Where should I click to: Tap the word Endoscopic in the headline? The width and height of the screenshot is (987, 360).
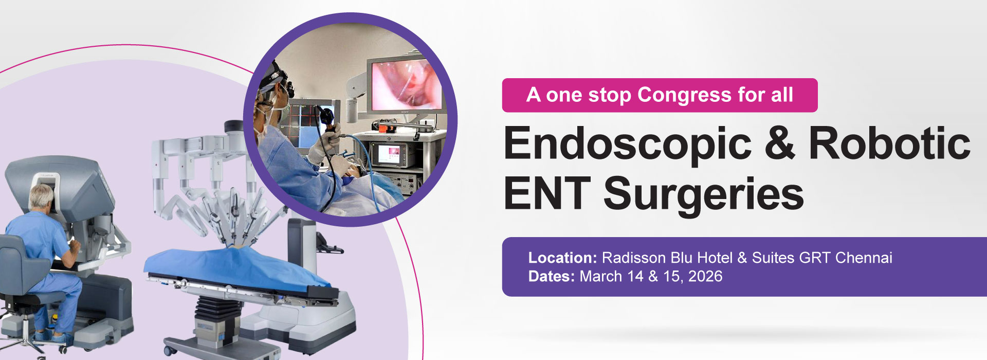(627, 144)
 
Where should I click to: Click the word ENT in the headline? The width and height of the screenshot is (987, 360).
(546, 193)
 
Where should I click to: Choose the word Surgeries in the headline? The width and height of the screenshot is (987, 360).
(703, 194)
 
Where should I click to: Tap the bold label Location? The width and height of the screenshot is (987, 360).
(562, 258)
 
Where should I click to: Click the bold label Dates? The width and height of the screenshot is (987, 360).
(551, 277)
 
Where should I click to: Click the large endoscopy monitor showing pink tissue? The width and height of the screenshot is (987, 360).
(406, 85)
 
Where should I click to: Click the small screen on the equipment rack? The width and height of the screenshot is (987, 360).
(391, 153)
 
